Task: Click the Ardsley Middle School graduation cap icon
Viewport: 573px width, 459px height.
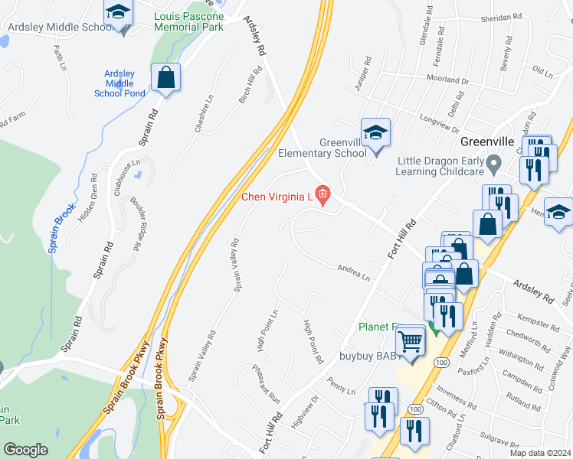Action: (x=118, y=13)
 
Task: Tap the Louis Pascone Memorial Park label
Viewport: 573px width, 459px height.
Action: (x=188, y=21)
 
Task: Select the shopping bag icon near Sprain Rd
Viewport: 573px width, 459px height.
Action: (x=165, y=77)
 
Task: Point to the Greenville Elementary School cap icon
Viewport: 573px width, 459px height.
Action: (x=375, y=133)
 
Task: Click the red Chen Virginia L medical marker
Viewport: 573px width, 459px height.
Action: (x=323, y=196)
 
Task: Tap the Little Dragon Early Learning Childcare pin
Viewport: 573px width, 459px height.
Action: (x=494, y=163)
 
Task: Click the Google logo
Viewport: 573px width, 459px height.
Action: (x=25, y=450)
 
